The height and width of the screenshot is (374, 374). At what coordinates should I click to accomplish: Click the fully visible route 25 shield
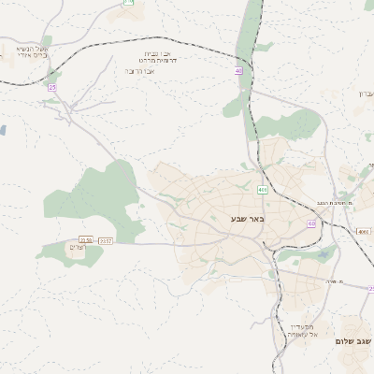pos(53,87)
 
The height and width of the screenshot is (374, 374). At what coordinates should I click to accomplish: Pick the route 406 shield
pos(263,190)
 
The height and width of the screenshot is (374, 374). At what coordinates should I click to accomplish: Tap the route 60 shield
pos(310,223)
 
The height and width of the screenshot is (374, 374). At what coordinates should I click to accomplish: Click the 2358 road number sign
pos(86,240)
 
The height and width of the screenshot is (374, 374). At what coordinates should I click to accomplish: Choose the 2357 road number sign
pos(105,240)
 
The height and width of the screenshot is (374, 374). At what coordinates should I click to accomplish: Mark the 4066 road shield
pos(364,231)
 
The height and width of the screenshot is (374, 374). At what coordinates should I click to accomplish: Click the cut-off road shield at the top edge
pos(128,3)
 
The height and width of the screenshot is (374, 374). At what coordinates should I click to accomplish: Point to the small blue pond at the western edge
pos(3,131)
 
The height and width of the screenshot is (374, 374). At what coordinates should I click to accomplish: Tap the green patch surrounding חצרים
pos(65,252)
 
